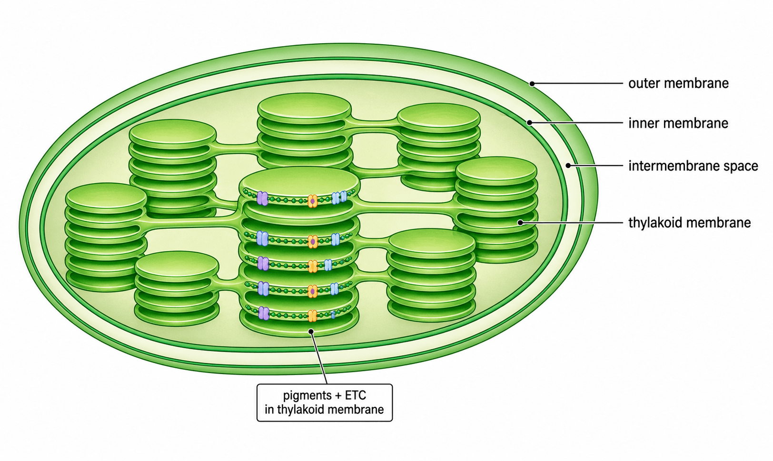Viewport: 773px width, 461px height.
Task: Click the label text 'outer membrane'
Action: click(678, 83)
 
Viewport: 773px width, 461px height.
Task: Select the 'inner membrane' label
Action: click(678, 123)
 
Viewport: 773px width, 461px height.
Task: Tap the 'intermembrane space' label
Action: click(693, 166)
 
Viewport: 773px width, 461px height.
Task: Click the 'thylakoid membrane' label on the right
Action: click(690, 223)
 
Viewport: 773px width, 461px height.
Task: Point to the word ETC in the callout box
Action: click(355, 395)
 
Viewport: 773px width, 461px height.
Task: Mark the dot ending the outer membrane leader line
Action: click(532, 84)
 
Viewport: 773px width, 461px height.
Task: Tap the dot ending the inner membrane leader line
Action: click(529, 123)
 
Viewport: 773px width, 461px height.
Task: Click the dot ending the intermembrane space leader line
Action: click(568, 166)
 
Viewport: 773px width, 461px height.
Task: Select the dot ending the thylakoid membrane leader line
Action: click(520, 223)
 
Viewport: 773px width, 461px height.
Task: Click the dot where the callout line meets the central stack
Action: click(311, 331)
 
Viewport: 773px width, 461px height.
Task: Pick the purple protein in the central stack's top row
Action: click(262, 198)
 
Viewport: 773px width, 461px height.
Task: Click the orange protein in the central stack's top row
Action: click(312, 201)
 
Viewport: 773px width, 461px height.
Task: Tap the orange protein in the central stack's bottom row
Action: click(312, 316)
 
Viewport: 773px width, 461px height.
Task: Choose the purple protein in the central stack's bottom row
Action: click(264, 314)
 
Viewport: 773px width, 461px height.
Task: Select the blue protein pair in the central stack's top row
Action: click(339, 197)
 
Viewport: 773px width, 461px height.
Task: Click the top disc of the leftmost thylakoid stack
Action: click(106, 196)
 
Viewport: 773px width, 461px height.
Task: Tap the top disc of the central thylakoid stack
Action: click(299, 182)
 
